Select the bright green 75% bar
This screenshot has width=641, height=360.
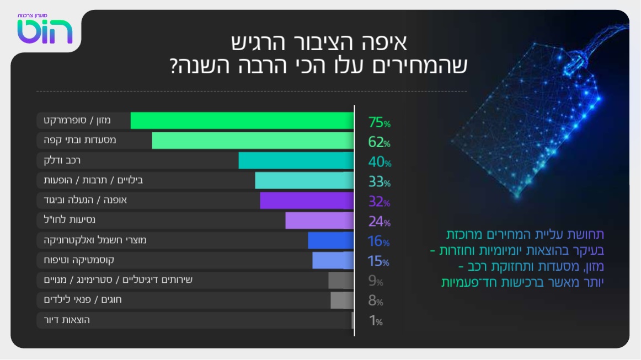[x=242, y=121]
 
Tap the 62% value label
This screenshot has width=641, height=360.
[x=379, y=143]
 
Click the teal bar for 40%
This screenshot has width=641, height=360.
[x=296, y=161]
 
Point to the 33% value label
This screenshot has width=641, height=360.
[x=379, y=182]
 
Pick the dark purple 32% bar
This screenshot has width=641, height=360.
[x=306, y=201]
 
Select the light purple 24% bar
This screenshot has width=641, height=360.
[x=319, y=221]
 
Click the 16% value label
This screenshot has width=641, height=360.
[x=379, y=241]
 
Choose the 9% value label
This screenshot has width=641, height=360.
[x=376, y=282]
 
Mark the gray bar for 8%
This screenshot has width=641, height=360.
[x=342, y=300]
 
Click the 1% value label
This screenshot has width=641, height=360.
[x=376, y=321]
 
